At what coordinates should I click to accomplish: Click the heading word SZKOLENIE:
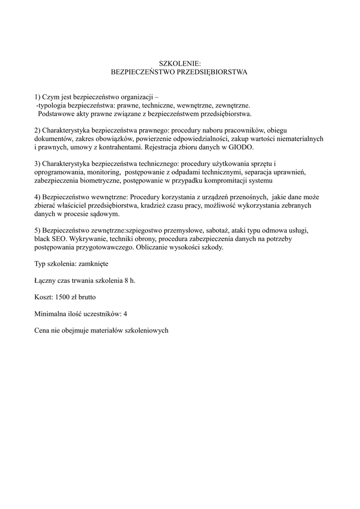click(x=180, y=64)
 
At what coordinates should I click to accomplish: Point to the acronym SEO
click(x=60, y=239)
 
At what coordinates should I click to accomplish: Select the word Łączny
click(x=45, y=280)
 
